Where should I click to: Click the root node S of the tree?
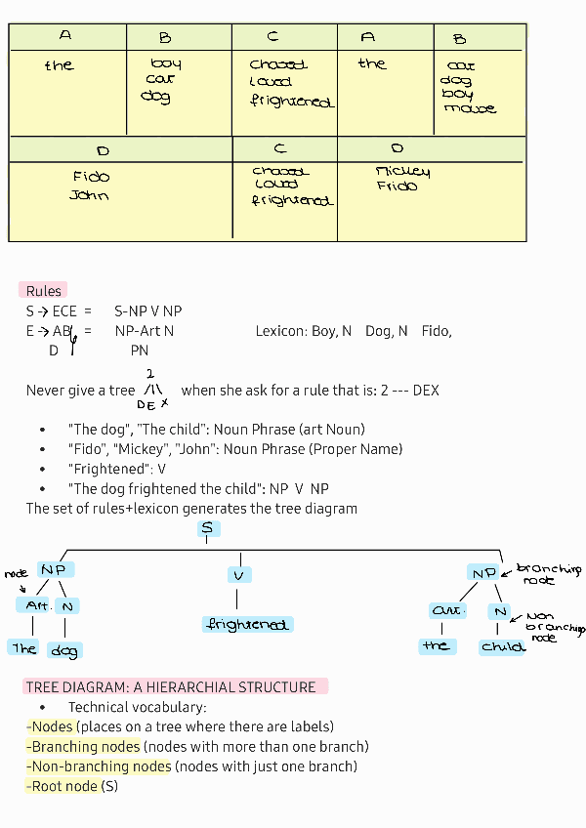pos(206,528)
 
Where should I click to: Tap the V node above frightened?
pos(238,574)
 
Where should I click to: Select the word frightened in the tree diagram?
pos(247,624)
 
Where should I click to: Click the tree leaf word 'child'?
pos(503,646)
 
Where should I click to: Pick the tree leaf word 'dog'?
pos(65,650)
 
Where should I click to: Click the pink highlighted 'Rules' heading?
pos(43,291)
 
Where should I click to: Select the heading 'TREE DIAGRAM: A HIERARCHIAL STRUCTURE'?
pos(171,687)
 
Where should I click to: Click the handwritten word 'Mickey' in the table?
pos(402,172)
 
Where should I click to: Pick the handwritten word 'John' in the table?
pos(89,195)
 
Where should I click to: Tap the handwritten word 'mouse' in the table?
pos(470,108)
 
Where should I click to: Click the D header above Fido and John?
pos(103,151)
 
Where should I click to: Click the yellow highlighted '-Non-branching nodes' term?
pos(98,766)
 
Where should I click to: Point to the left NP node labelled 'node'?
pos(55,569)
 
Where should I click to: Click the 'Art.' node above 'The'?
pos(36,605)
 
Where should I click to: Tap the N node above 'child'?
pos(499,612)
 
